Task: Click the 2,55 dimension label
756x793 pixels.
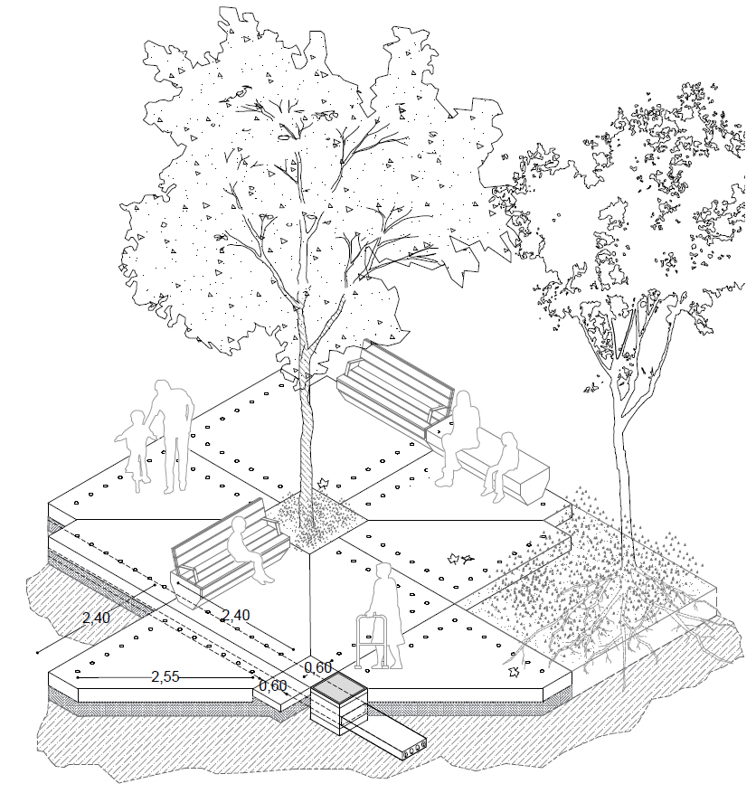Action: click(x=165, y=676)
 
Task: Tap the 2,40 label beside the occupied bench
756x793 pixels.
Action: click(x=236, y=615)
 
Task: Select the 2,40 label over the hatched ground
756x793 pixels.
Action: click(x=96, y=618)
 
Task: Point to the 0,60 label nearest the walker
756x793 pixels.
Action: click(x=317, y=667)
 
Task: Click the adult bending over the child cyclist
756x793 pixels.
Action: click(x=172, y=436)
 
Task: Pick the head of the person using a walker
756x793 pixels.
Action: click(x=383, y=571)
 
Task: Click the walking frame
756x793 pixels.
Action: click(x=374, y=642)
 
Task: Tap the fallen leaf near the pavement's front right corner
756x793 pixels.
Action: click(x=515, y=671)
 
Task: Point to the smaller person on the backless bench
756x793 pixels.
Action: click(x=501, y=467)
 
